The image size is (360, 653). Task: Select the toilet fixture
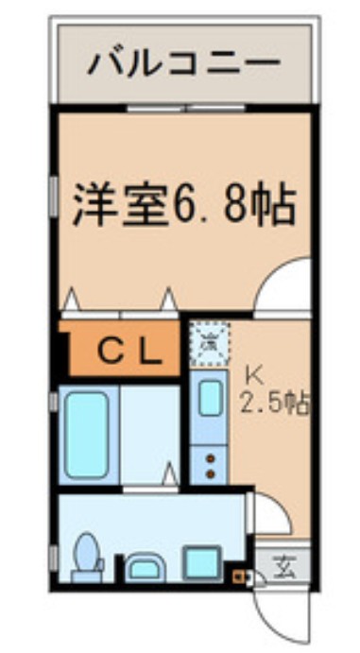click(x=88, y=557)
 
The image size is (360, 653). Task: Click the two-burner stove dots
click(x=208, y=464)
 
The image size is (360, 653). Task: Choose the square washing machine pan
click(x=201, y=562)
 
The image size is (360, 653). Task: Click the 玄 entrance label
click(x=283, y=568)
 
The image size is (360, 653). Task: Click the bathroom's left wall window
click(x=54, y=403)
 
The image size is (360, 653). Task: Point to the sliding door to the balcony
click(x=185, y=107)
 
